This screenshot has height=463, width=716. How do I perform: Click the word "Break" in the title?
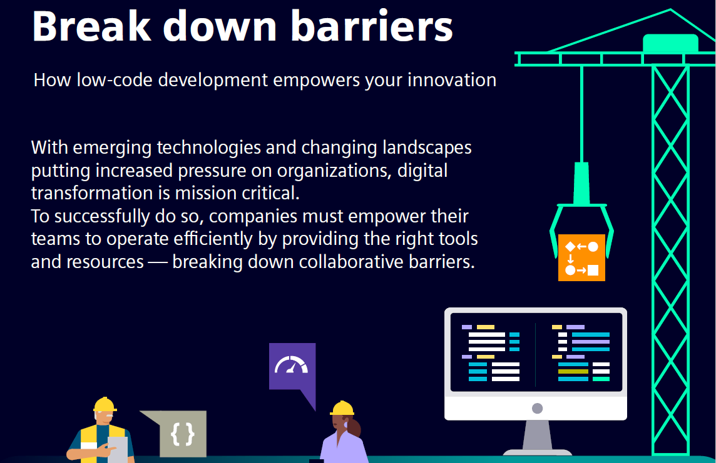point(91,26)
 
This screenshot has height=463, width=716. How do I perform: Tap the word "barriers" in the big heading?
point(372,26)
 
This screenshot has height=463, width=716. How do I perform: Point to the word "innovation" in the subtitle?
point(452,80)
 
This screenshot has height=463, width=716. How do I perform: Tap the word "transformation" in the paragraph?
point(92,193)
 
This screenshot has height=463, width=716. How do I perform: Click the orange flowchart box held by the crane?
point(581,257)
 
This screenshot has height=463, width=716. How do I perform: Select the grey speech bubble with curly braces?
point(178,433)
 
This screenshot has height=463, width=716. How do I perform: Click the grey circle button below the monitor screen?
point(538,408)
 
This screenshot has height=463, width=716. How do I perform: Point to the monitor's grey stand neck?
point(537,435)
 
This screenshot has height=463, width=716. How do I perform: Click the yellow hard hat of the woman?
point(342,408)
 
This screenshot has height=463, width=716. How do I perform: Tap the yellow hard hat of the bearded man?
point(105,405)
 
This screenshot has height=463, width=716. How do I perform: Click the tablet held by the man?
point(118,449)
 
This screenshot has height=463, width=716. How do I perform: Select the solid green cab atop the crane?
point(670,43)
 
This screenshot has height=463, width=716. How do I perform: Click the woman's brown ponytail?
point(354,429)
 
